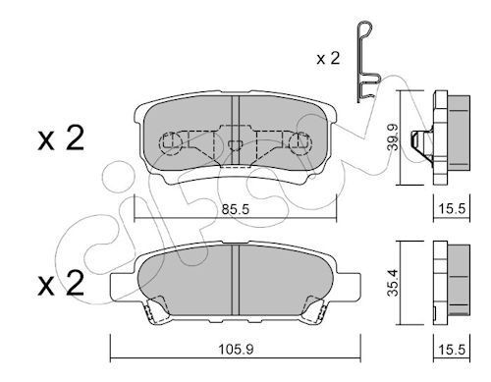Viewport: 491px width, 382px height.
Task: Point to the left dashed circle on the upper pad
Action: point(172,145)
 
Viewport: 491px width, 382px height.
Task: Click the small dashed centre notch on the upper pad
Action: point(236,146)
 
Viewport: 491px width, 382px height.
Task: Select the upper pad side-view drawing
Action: point(453,137)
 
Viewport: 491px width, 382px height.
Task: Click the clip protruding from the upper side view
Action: point(423,143)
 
